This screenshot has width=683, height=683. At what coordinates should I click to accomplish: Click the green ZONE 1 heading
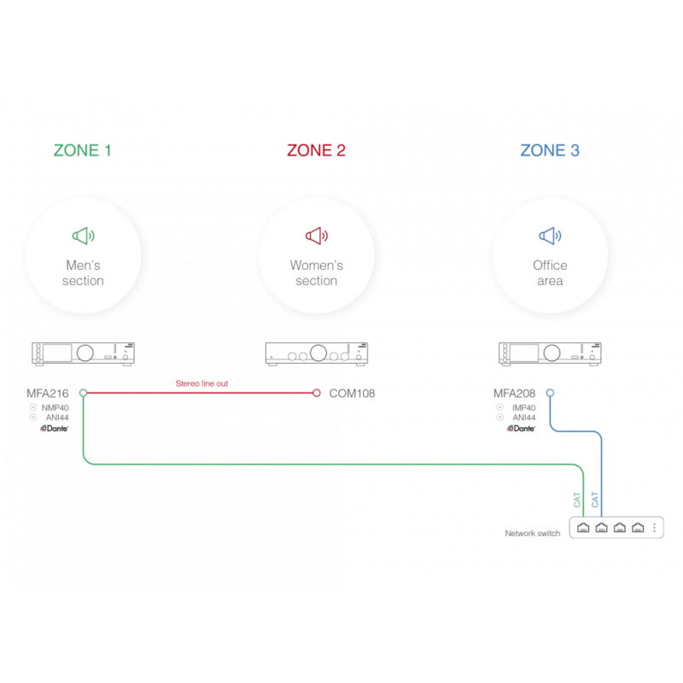82,150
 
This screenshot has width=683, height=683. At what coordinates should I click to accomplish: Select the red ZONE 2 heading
316,150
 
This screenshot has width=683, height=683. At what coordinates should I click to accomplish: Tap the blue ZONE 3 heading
550,150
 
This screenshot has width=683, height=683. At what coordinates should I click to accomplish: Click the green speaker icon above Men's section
83,236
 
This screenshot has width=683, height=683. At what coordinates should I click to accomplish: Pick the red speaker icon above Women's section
317,236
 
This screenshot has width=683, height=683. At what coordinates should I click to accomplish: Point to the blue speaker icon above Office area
550,236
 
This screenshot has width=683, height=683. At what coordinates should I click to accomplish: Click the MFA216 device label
48,394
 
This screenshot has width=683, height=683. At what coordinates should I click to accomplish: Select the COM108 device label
352,394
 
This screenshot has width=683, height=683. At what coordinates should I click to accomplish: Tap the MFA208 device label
514,394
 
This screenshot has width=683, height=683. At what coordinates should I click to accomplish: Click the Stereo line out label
201,383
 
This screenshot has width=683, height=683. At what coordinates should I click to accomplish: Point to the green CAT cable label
577,499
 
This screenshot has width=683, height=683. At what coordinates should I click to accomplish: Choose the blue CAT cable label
595,499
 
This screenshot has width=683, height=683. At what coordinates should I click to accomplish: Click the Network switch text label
532,533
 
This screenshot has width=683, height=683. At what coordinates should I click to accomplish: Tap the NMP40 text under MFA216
55,408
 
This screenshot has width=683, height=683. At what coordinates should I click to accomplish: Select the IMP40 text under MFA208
523,408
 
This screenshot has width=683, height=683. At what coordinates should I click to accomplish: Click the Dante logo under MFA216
55,429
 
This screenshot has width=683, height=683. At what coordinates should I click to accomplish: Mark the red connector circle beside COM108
317,393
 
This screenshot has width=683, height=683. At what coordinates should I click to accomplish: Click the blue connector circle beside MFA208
550,393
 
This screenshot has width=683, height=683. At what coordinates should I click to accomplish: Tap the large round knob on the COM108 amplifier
318,353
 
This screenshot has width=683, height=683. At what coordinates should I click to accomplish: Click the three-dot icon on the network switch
654,528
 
